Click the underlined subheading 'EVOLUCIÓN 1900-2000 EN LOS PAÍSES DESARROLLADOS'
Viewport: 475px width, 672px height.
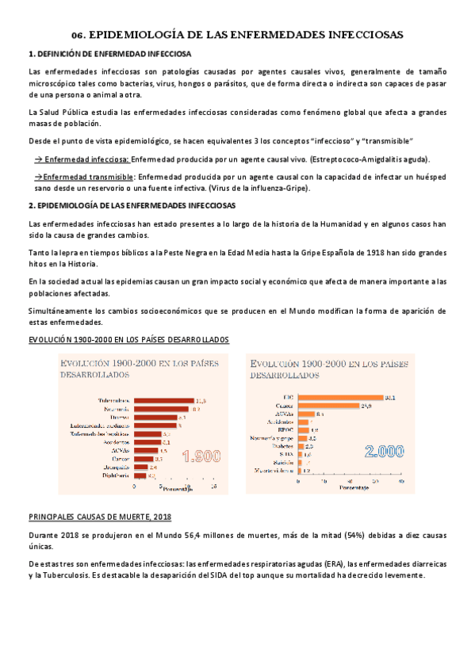tap(128, 339)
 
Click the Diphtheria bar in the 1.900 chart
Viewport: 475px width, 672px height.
tap(140, 476)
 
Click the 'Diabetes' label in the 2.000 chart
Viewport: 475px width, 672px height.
tap(282, 446)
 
